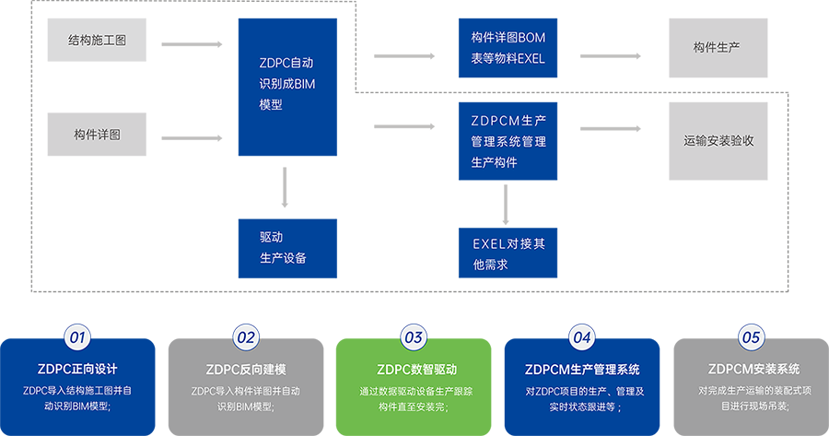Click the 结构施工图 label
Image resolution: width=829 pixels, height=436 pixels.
pyautogui.click(x=97, y=41)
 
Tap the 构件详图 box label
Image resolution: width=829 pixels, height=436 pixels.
pyautogui.click(x=97, y=136)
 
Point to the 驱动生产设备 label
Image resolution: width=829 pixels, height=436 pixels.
pyautogui.click(x=283, y=247)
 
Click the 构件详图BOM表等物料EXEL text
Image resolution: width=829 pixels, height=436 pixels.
pyautogui.click(x=508, y=48)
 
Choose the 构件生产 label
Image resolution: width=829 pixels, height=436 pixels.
pyautogui.click(x=716, y=46)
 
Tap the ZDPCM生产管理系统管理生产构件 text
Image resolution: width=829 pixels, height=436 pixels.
pyautogui.click(x=508, y=141)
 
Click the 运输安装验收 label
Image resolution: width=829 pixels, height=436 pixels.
pyautogui.click(x=718, y=141)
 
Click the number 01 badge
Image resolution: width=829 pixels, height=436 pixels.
pyautogui.click(x=77, y=336)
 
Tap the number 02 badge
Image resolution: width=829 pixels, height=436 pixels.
pyautogui.click(x=245, y=336)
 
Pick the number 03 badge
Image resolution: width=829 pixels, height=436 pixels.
pyautogui.click(x=414, y=336)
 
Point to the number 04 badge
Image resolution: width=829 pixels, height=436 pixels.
pyautogui.click(x=581, y=336)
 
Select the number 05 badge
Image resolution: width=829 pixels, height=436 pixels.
pyautogui.click(x=751, y=336)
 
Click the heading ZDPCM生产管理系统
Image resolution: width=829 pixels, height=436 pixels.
pyautogui.click(x=581, y=370)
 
